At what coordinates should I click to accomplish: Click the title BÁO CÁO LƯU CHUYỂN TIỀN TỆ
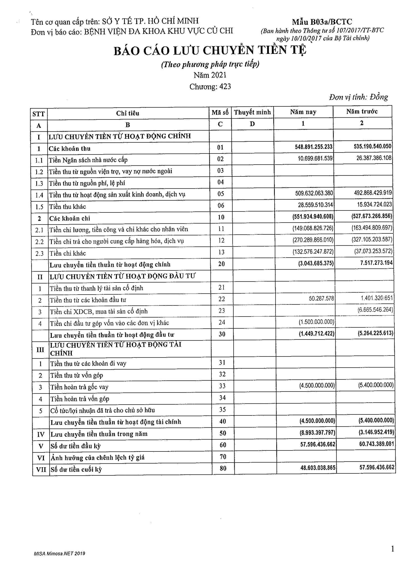(210, 50)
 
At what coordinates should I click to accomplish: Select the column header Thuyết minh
(252, 112)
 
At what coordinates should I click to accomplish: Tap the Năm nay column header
(303, 112)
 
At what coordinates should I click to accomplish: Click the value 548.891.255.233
(314, 147)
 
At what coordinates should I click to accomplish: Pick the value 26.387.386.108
(374, 158)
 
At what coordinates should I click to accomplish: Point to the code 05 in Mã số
(220, 194)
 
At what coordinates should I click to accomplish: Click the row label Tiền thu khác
(67, 207)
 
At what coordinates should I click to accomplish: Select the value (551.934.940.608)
(313, 217)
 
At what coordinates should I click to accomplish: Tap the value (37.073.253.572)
(373, 251)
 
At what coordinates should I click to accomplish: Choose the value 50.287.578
(321, 299)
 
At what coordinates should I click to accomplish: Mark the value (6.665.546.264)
(375, 310)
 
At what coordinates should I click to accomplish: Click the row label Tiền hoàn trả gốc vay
(79, 387)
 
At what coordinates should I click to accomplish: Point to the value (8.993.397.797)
(317, 433)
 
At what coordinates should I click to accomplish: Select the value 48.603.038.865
(318, 468)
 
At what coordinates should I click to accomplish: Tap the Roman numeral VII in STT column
(41, 469)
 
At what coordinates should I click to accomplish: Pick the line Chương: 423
(210, 87)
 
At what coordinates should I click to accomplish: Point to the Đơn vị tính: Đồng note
(358, 97)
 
